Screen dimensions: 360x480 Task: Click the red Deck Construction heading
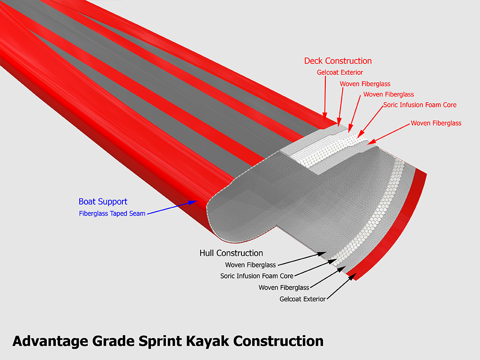click(337, 61)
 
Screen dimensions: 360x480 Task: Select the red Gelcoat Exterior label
click(340, 73)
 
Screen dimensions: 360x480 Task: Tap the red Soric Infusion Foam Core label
click(420, 105)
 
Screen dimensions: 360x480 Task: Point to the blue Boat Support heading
click(103, 202)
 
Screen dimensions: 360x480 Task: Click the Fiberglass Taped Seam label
click(112, 214)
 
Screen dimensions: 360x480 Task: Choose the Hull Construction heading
click(231, 253)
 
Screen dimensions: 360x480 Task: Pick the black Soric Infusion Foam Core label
click(256, 276)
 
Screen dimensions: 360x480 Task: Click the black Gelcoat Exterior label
click(302, 299)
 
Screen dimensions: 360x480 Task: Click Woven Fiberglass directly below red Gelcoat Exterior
click(365, 84)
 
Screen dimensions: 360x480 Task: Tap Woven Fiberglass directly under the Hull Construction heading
click(250, 265)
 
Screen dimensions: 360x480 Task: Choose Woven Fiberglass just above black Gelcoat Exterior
click(284, 287)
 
